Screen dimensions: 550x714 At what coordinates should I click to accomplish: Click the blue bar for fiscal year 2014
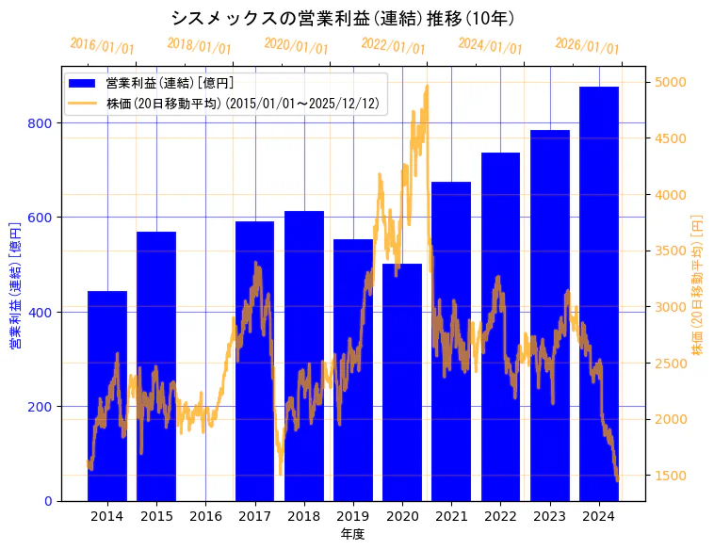pyautogui.click(x=107, y=396)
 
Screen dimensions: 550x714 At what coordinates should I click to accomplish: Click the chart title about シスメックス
pyautogui.click(x=343, y=18)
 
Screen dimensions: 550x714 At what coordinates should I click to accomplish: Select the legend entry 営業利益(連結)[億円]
pyautogui.click(x=170, y=84)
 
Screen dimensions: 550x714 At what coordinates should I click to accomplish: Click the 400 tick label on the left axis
pyautogui.click(x=45, y=312)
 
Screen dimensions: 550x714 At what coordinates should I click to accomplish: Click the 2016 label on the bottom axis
pyautogui.click(x=205, y=516)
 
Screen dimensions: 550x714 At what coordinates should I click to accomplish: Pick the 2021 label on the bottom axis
pyautogui.click(x=451, y=516)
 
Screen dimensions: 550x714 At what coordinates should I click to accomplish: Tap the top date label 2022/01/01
pyautogui.click(x=394, y=45)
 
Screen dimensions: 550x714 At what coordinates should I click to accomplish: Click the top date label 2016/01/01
pyautogui.click(x=103, y=45)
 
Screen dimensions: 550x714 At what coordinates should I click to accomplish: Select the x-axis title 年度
pyautogui.click(x=352, y=534)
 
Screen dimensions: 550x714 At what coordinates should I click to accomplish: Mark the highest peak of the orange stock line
pyautogui.click(x=427, y=86)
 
